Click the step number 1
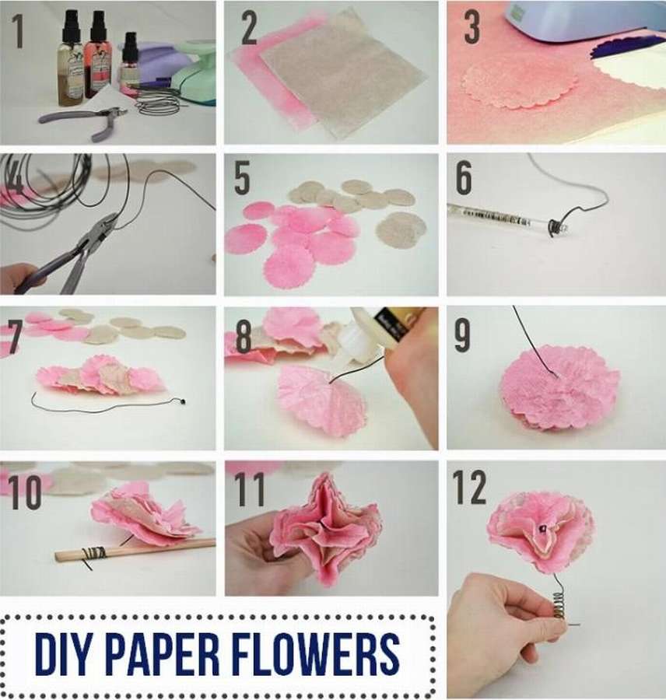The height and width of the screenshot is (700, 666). click(18, 31)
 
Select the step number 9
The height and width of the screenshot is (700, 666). click(463, 335)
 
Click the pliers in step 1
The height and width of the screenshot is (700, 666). click(85, 120)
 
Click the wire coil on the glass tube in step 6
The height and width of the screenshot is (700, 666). click(555, 226)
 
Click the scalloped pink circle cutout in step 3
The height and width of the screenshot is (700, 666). click(518, 85)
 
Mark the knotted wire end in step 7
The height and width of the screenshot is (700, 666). click(182, 402)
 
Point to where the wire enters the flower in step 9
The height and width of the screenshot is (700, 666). click(556, 376)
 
